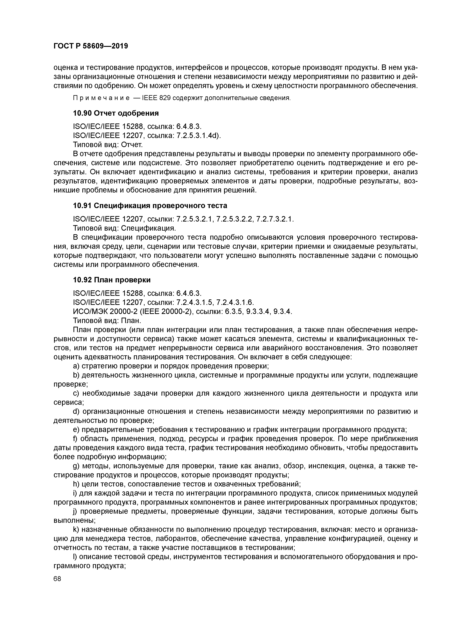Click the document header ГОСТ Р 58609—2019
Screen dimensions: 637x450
tap(91, 46)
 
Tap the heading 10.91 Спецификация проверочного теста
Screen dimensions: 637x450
tap(150, 206)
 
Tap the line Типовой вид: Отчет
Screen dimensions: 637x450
tap(108, 145)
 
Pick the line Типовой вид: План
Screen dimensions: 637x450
tap(107, 321)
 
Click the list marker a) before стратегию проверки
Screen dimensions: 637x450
tap(76, 366)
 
